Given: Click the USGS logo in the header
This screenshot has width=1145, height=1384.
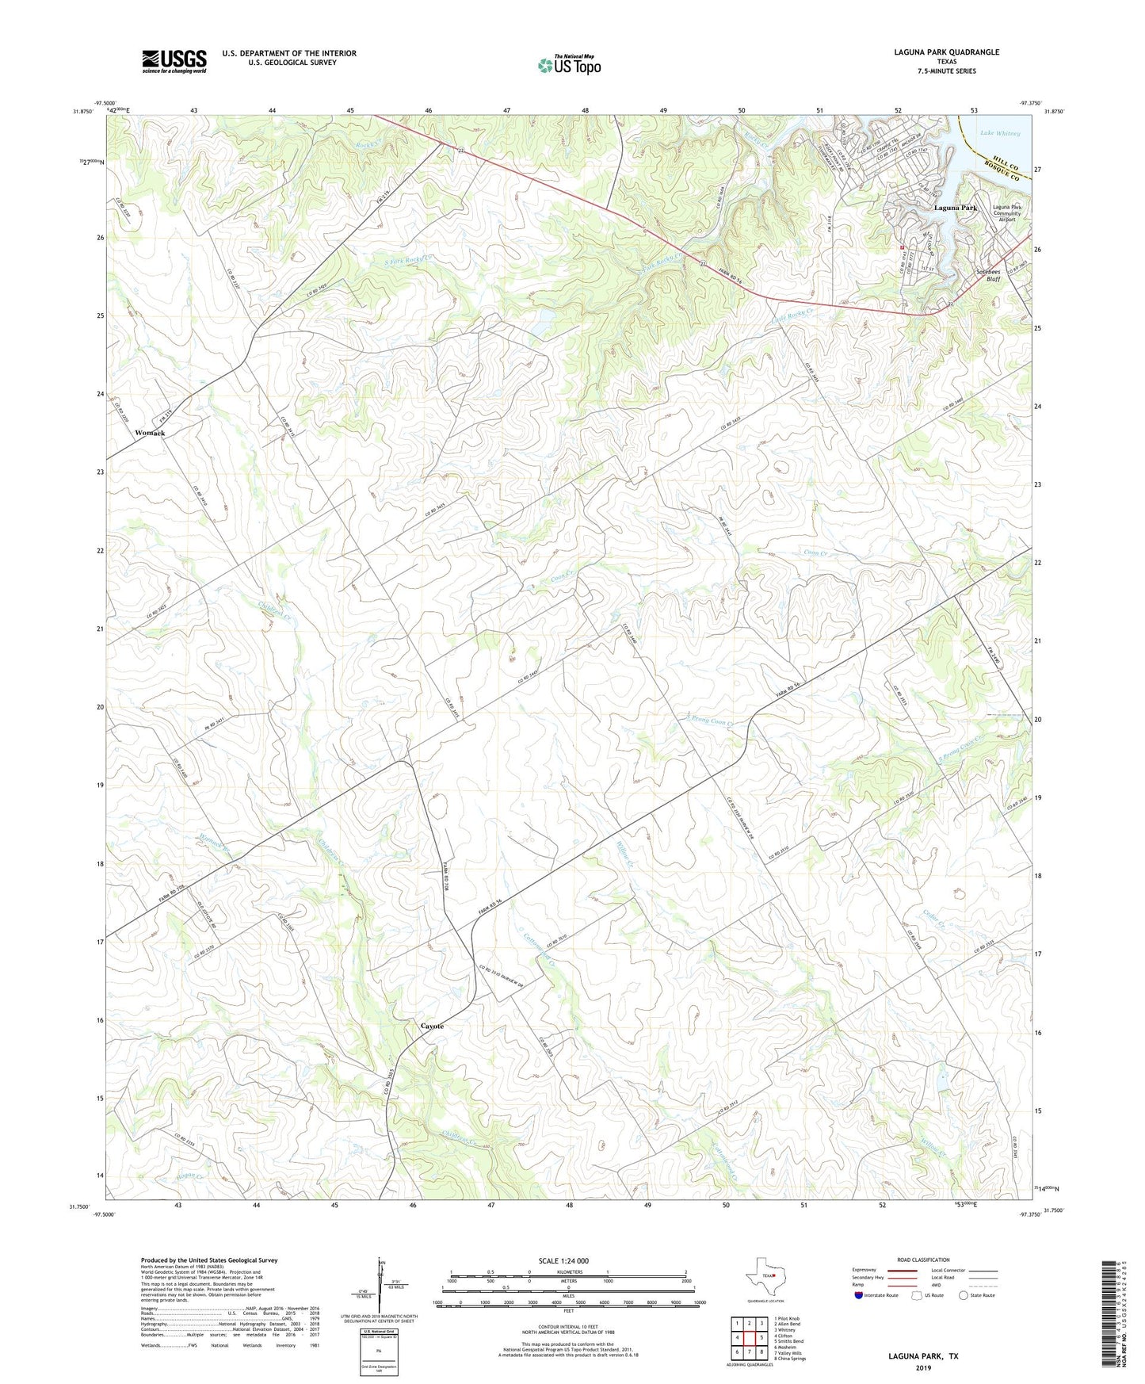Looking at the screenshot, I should click(x=174, y=61).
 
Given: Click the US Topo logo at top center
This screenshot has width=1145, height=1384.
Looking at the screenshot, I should click(x=569, y=65).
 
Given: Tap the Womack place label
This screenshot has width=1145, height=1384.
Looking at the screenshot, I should click(x=150, y=433).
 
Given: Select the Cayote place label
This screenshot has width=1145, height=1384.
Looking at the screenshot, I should click(x=432, y=1026).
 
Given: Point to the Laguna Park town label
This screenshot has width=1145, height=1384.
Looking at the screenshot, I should click(x=955, y=208).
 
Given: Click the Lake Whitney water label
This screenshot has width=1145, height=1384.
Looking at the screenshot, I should click(x=999, y=133).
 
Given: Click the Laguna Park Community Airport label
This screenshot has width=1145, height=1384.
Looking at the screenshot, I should click(x=1006, y=213).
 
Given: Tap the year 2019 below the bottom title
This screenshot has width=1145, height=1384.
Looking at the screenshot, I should click(x=923, y=1368).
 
